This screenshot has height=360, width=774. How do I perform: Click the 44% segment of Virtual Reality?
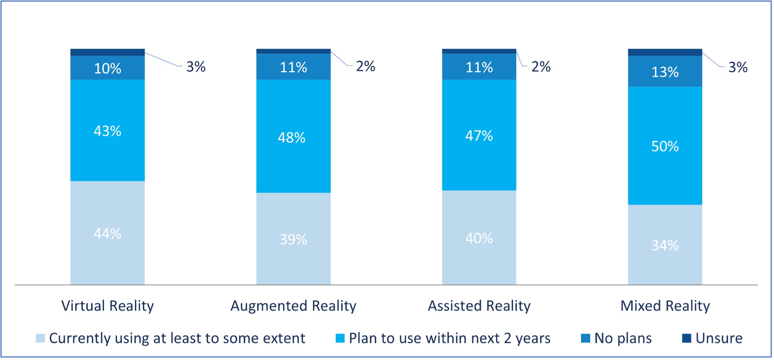107,233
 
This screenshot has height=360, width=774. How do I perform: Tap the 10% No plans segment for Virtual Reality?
107,68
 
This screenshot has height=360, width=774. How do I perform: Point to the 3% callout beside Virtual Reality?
196,67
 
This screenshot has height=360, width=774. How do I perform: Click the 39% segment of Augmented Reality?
293,239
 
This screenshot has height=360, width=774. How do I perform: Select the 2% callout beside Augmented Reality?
365,66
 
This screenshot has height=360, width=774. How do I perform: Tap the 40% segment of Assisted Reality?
479,238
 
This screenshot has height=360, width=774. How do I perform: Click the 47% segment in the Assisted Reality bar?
479,135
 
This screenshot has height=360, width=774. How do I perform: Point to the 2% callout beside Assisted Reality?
541,67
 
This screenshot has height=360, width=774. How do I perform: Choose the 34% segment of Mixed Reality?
665,245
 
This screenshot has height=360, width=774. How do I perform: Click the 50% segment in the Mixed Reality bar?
665,146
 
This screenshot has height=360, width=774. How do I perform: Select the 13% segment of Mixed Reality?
665,71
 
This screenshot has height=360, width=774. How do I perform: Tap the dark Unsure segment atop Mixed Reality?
665,52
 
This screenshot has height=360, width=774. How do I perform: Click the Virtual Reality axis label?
107,306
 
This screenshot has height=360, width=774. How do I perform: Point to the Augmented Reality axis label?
293,306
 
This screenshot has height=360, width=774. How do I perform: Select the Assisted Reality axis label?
479,306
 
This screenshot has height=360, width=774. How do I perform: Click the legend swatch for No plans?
585,338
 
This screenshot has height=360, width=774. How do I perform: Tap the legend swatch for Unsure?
687,338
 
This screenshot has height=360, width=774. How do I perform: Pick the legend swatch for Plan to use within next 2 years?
340,338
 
